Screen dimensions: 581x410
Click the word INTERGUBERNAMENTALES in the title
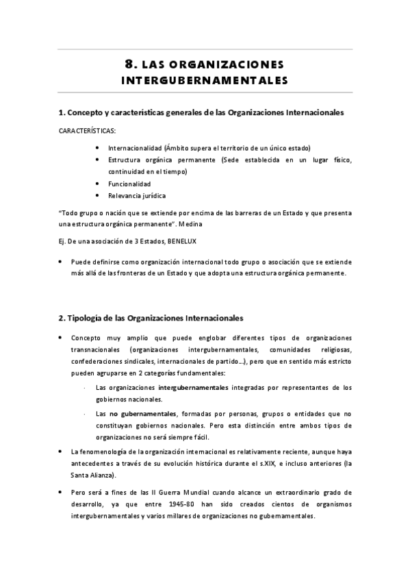point(205,79)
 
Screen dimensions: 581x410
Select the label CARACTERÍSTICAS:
point(87,130)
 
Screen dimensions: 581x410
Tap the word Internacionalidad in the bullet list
point(133,147)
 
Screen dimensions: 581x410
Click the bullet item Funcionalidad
point(129,184)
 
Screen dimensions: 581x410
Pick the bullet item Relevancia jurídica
point(137,196)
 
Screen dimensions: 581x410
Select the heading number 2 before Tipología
point(62,318)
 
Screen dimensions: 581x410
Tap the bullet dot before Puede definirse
point(62,261)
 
